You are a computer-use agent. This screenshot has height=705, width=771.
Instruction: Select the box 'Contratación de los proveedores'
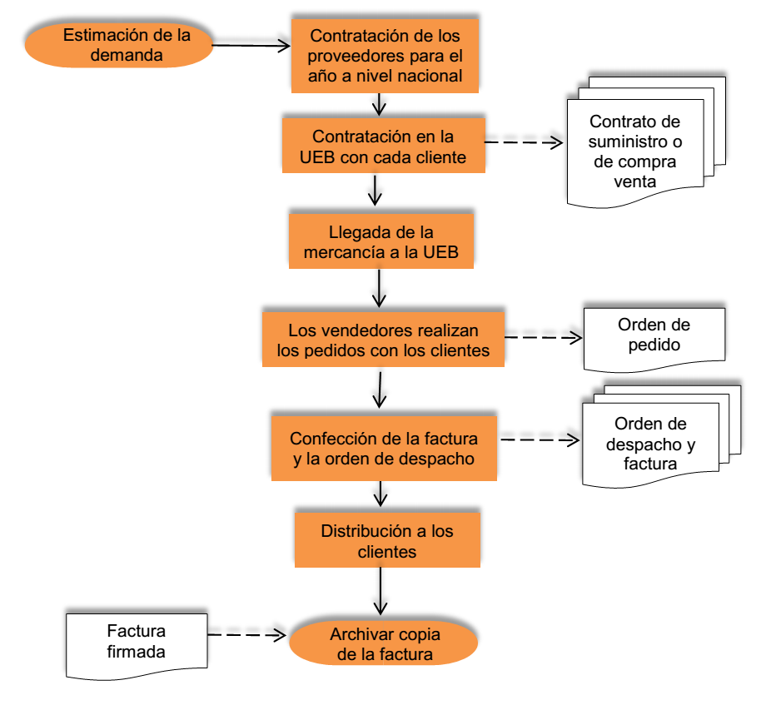(x=385, y=56)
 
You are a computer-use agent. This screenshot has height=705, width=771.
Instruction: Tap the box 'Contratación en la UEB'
(x=383, y=146)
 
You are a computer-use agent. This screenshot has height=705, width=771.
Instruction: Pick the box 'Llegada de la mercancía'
(x=381, y=242)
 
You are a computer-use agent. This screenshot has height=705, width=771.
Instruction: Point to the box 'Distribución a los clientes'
(x=387, y=540)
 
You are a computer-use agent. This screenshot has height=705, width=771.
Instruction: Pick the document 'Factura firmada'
(x=136, y=642)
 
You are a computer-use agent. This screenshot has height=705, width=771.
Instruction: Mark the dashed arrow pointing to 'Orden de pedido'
(x=543, y=337)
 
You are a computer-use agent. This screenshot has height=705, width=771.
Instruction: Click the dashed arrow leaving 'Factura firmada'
(x=246, y=635)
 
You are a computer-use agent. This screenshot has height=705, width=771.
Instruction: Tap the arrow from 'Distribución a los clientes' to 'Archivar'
(x=381, y=592)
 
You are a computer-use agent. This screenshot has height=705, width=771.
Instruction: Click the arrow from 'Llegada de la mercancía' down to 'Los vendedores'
(x=381, y=288)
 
